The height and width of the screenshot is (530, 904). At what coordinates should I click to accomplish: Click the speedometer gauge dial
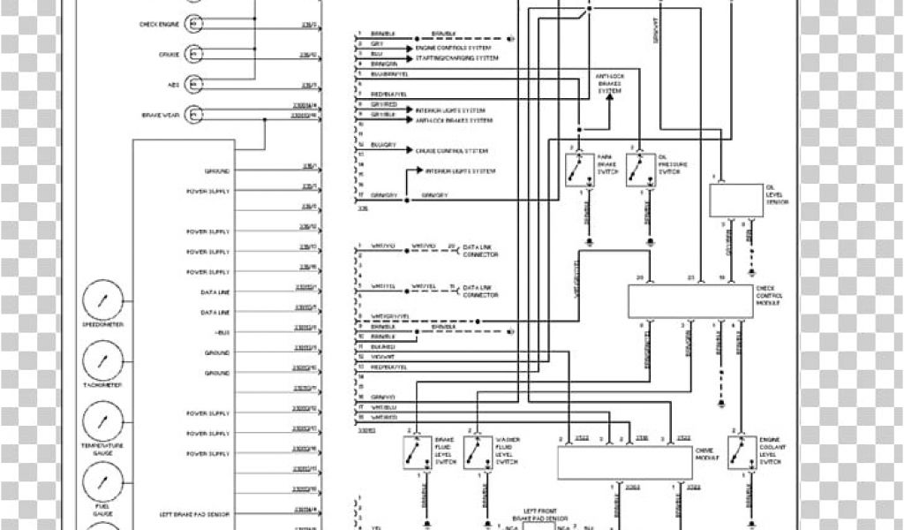pos(103,302)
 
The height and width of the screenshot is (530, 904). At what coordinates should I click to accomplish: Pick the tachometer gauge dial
pos(103,363)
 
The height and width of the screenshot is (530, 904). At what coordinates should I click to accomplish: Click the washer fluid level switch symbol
pos(478,452)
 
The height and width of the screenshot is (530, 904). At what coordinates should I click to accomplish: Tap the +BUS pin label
pos(222,333)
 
